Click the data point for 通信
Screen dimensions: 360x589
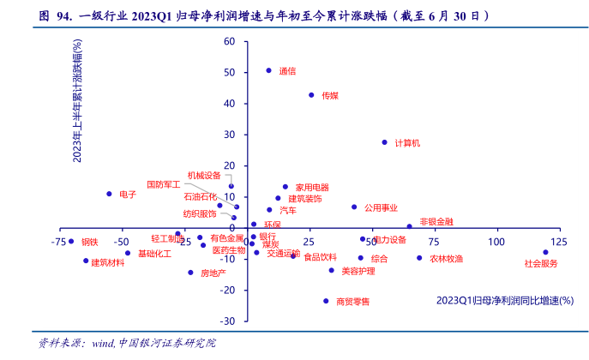[x=268, y=70]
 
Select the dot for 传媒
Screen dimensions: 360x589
[x=311, y=95]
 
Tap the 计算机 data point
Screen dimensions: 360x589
[x=384, y=142]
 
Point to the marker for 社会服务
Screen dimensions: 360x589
[x=545, y=252]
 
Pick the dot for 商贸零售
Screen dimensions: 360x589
[x=326, y=301]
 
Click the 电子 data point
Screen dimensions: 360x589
[x=109, y=194]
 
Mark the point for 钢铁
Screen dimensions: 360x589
[x=71, y=242]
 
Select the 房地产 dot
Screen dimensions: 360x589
[x=190, y=273]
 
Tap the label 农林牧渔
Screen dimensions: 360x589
[x=446, y=258]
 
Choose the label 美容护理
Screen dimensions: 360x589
[x=358, y=271]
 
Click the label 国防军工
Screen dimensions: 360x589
[x=163, y=183]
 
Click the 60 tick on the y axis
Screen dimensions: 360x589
[x=229, y=41]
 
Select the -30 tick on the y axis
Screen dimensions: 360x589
[x=227, y=321]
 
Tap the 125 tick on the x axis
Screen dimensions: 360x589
[x=558, y=242]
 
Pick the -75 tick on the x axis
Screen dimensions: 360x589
[x=58, y=242]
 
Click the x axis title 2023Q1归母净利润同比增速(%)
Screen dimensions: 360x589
[x=504, y=300]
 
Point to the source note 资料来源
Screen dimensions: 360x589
[x=61, y=343]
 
